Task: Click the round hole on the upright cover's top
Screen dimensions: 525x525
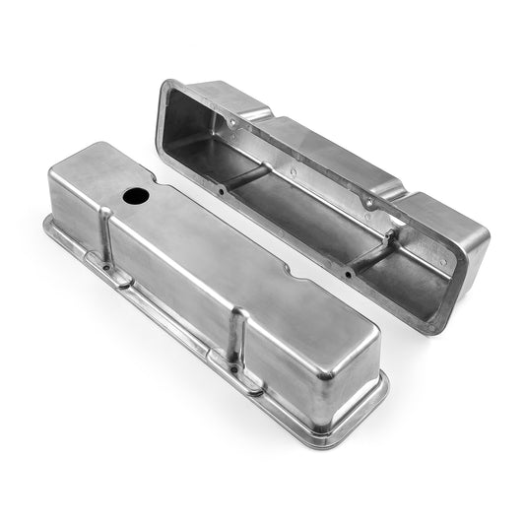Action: click(x=136, y=195)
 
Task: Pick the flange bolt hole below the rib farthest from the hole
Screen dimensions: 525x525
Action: click(x=235, y=370)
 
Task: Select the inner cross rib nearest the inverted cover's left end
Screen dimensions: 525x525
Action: click(x=246, y=178)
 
